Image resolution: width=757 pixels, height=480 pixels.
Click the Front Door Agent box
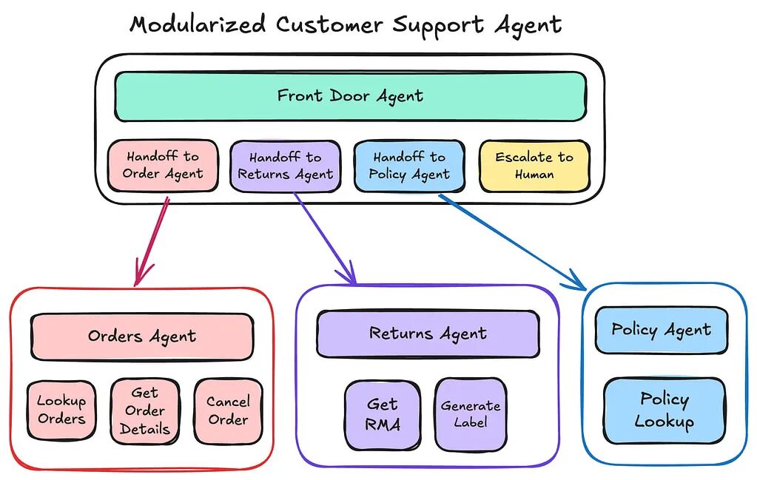[351, 96]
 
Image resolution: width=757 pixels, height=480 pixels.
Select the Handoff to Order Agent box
[163, 166]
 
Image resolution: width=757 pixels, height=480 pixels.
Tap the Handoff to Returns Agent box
[286, 166]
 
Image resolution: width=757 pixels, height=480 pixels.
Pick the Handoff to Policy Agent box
[409, 166]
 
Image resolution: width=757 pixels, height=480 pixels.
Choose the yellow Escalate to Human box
[534, 166]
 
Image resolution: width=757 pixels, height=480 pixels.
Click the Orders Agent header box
[142, 337]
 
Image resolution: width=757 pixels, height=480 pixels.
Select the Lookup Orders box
[61, 410]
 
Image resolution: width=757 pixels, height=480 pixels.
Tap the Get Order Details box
[145, 411]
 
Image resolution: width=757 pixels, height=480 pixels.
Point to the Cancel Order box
[229, 411]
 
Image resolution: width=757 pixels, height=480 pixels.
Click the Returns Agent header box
[428, 334]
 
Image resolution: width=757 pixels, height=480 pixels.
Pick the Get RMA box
[383, 415]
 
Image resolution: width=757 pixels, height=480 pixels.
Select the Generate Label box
[471, 414]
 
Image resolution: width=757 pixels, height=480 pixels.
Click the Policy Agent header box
[662, 330]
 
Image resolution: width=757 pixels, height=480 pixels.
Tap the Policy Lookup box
[665, 410]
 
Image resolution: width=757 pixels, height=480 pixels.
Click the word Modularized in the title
[198, 24]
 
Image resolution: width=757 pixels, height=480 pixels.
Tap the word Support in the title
[437, 26]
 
